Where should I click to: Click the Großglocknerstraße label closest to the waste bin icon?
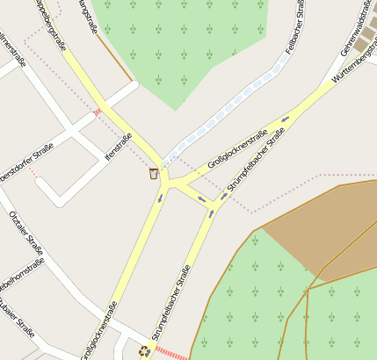[236, 150]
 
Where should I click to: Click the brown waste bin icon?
[154, 173]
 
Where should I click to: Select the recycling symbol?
[144, 351]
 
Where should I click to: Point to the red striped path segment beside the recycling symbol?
[172, 354]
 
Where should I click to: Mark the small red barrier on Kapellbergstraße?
[97, 112]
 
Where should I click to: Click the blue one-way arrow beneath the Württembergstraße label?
[285, 119]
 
